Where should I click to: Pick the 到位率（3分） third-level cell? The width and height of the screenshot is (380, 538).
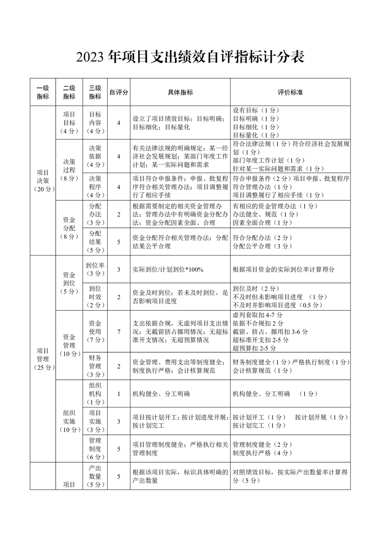point(95,269)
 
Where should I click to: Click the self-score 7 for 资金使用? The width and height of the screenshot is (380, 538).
point(118,331)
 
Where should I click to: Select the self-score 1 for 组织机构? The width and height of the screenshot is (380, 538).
point(118,394)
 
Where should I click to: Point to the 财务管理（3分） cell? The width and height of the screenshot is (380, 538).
point(95,366)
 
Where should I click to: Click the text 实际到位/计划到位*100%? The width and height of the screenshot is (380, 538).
point(168,269)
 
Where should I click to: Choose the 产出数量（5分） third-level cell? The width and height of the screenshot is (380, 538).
point(95,476)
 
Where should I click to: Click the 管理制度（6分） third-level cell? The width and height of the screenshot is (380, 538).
point(95,449)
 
